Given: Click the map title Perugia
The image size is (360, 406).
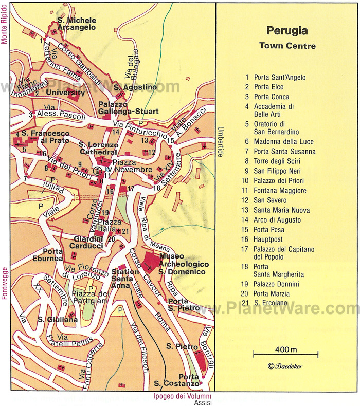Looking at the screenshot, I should (287, 30).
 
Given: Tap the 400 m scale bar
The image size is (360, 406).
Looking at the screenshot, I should (286, 353).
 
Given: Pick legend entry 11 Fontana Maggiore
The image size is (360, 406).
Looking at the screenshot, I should (280, 190).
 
